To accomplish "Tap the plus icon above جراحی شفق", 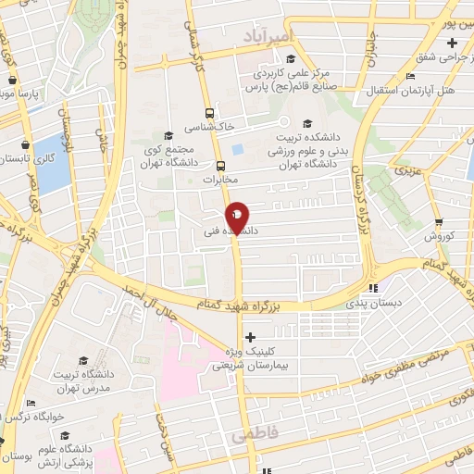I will click(x=451, y=44).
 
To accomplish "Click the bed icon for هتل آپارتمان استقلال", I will click(x=410, y=77).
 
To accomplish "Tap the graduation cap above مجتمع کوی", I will click(x=168, y=135).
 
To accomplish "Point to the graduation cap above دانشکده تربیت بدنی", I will click(x=308, y=123).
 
